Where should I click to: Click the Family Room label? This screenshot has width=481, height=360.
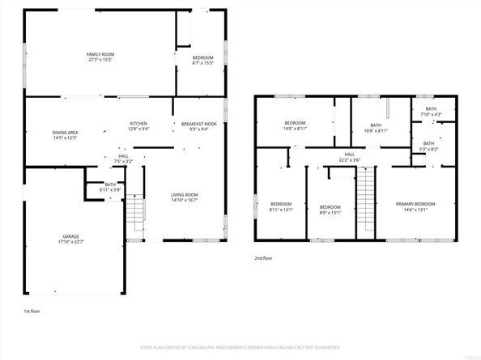click(100, 57)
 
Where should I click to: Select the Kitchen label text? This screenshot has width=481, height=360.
click(138, 125)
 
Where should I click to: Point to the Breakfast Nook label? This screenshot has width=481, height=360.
click(198, 125)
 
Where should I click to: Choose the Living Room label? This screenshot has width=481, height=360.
click(184, 197)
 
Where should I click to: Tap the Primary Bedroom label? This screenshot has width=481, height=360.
click(415, 205)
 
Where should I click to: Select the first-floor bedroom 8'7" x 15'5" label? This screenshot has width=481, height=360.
click(202, 61)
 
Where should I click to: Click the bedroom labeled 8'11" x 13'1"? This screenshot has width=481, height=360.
click(281, 205)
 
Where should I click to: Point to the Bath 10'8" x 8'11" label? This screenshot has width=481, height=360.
click(377, 127)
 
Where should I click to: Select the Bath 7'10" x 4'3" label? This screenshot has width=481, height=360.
click(431, 112)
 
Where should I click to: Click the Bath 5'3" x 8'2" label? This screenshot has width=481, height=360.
click(428, 146)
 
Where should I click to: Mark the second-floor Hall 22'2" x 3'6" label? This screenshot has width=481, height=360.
click(349, 157)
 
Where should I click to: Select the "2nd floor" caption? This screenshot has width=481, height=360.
click(264, 259)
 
